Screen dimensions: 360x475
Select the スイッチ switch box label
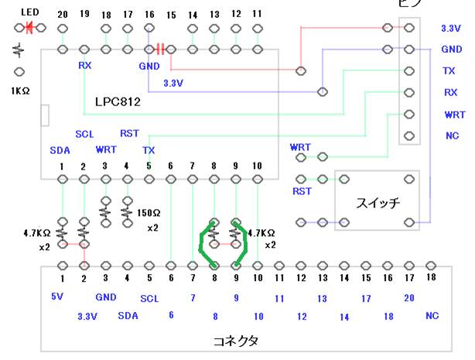click(377, 203)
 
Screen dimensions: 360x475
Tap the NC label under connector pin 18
click(432, 315)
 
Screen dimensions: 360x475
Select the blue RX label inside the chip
click(84, 66)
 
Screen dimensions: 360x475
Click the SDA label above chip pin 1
click(60, 149)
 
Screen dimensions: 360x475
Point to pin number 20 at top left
click(62, 15)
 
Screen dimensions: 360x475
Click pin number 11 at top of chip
click(257, 15)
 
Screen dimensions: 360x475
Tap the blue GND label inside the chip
click(149, 66)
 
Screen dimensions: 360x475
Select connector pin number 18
click(432, 277)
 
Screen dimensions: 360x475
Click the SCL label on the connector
click(149, 297)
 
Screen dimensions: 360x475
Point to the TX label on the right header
click(449, 70)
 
